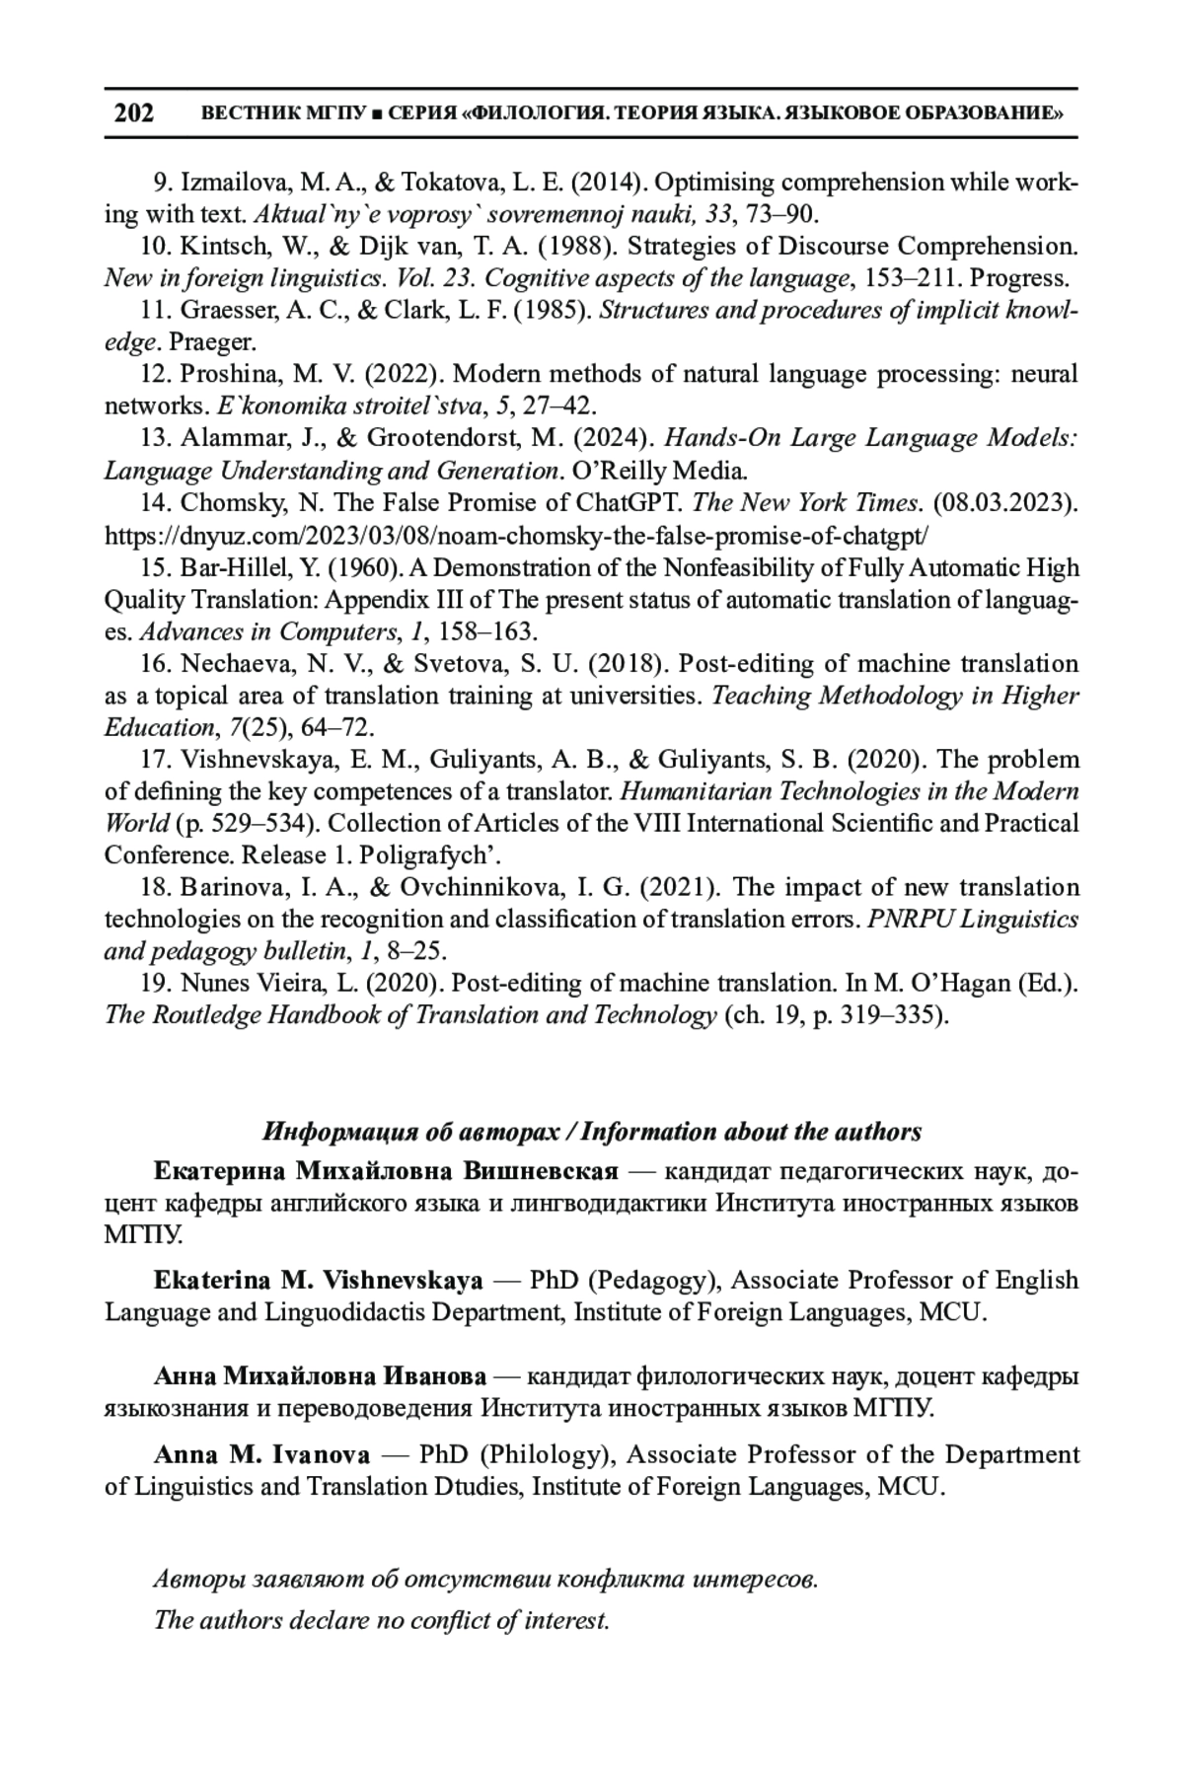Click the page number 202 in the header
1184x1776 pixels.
[x=134, y=112]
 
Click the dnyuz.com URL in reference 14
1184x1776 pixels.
[x=517, y=536]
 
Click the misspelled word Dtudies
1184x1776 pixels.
[x=478, y=1487]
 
